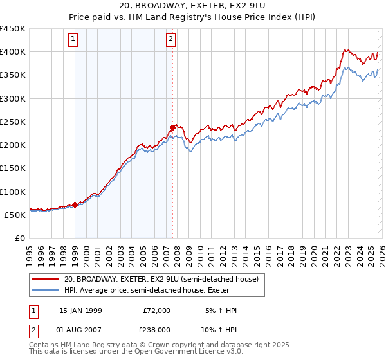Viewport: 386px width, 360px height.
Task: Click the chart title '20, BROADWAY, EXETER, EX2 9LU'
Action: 192,5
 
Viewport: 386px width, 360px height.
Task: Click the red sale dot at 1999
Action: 75,204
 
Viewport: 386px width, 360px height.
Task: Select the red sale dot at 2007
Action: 172,127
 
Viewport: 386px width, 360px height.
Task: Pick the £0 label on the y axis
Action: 19,238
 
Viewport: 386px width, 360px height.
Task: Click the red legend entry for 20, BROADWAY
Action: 161,279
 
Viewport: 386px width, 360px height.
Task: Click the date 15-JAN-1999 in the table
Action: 80,310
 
